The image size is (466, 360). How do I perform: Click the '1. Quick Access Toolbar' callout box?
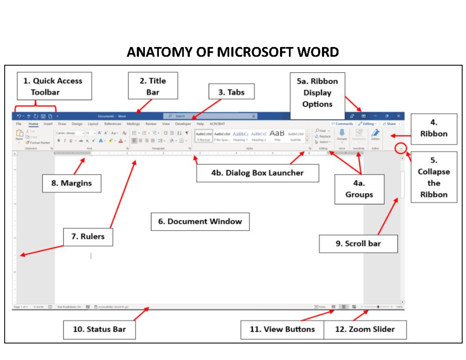click(54, 86)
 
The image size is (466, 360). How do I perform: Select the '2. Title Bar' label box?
click(153, 86)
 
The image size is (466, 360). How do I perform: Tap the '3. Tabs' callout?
click(231, 93)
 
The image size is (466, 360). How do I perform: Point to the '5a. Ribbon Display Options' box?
click(317, 93)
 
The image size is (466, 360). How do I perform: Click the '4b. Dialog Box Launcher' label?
click(257, 173)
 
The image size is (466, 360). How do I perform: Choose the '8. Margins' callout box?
click(72, 183)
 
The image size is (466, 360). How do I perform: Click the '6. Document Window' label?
click(200, 221)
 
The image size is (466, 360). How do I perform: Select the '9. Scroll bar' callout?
click(358, 243)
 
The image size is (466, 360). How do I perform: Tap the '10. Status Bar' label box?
click(99, 329)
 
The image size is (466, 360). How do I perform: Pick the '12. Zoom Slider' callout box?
click(365, 329)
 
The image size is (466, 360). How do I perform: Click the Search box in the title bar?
click(210, 116)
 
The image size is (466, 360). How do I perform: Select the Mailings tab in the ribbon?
click(133, 124)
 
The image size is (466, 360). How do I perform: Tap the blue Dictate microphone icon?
click(342, 133)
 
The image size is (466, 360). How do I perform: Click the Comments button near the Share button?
click(342, 124)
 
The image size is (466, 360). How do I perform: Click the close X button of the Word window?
click(398, 116)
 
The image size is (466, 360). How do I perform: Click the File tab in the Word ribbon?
click(19, 124)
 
